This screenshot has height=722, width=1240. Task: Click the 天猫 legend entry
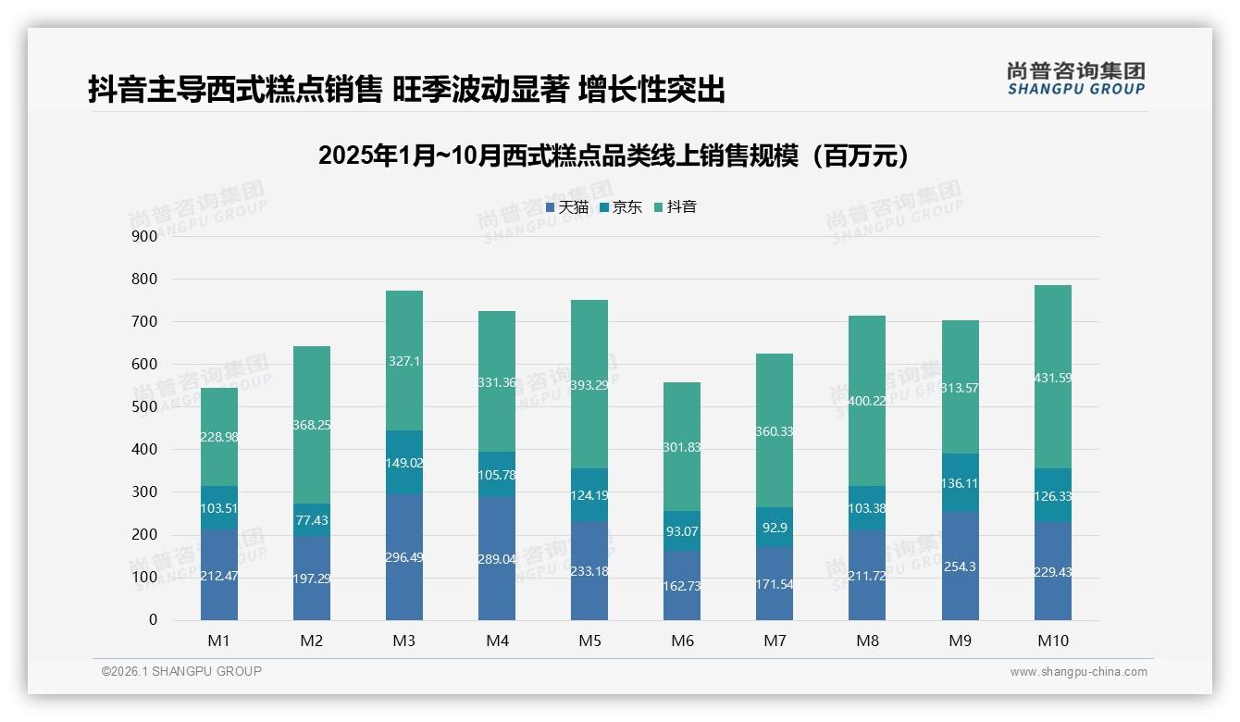tap(567, 207)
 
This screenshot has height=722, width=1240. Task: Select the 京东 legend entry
tap(621, 207)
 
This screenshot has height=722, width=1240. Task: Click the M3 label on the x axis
tap(404, 641)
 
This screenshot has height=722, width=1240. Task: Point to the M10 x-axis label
tap(1052, 641)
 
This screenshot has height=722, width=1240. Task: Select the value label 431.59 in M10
tap(1052, 378)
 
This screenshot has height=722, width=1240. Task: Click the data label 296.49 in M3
tap(404, 557)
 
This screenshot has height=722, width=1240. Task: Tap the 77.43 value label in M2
tap(312, 521)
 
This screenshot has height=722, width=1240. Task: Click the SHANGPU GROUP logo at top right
tap(1075, 79)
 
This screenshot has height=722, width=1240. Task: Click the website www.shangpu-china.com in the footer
tap(1078, 672)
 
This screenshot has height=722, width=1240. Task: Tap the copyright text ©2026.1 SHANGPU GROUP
tap(181, 671)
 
